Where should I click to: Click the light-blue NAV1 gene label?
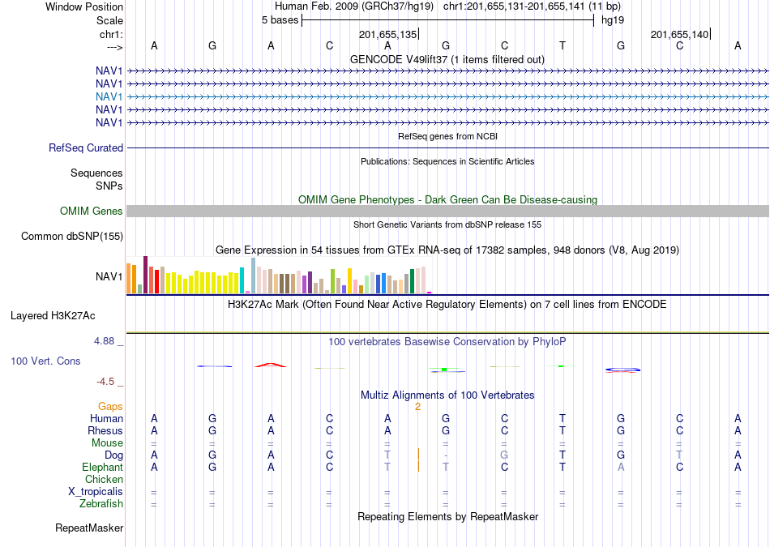[x=109, y=96]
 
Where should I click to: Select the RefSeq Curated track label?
[x=86, y=147]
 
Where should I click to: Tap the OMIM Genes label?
[x=92, y=212]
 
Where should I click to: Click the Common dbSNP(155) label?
[x=72, y=236]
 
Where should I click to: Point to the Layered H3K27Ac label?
[x=53, y=316]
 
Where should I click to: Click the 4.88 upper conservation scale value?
[x=104, y=341]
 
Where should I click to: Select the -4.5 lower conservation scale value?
[x=105, y=382]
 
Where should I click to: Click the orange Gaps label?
[x=110, y=407]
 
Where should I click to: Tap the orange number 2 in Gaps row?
[x=418, y=407]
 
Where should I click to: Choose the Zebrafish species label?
[x=101, y=504]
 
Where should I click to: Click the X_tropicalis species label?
[x=96, y=492]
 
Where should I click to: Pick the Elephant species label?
[x=103, y=468]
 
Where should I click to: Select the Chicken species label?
[x=104, y=479]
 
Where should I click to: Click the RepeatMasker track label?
[x=89, y=528]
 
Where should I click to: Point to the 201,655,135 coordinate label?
[x=387, y=34]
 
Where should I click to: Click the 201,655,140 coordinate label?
[x=680, y=34]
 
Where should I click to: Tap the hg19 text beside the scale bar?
[x=613, y=20]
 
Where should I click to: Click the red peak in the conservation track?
[x=271, y=365]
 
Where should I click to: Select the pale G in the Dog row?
[x=504, y=455]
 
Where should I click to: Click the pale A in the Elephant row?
[x=621, y=468]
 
